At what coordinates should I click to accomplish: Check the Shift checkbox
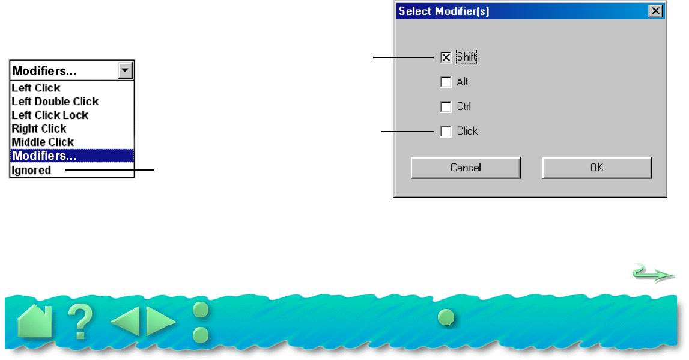[446, 58]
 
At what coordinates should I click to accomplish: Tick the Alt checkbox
[446, 82]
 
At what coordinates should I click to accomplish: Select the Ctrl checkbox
[446, 107]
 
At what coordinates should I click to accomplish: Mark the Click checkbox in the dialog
[446, 131]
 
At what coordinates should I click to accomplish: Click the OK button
[596, 168]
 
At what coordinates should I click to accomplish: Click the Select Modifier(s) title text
[443, 11]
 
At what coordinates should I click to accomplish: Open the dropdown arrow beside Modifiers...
[125, 70]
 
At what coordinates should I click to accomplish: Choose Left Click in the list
[36, 88]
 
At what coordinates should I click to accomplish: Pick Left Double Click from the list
[55, 102]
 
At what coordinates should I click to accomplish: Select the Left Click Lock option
[50, 115]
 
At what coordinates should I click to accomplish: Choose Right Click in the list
[39, 129]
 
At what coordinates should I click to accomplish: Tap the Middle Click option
[43, 142]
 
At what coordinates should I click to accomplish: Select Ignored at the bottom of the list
[31, 171]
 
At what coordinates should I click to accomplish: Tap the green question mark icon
[80, 322]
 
